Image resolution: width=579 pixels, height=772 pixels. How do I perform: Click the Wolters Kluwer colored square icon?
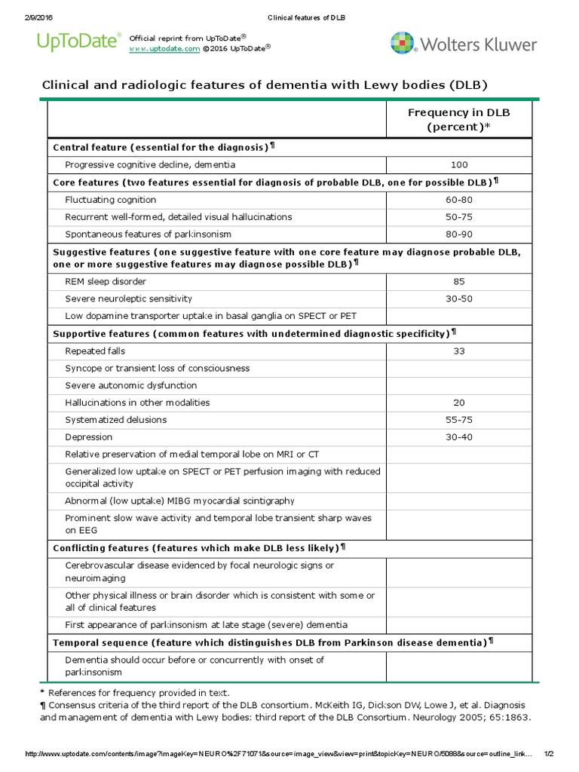(403, 44)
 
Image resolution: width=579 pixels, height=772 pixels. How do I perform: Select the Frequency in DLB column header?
(458, 119)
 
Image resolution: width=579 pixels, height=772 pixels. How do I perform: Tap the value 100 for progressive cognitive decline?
(458, 164)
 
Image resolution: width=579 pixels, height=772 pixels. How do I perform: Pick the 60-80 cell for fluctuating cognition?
(458, 200)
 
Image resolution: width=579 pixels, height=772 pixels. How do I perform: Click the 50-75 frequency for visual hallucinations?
(458, 217)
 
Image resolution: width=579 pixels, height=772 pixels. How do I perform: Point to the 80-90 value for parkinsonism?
(458, 234)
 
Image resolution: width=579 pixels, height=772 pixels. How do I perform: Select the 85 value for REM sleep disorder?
(458, 282)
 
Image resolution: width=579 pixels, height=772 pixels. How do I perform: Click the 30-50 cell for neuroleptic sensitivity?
(458, 299)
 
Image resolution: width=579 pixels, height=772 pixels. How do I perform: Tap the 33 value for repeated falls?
(458, 351)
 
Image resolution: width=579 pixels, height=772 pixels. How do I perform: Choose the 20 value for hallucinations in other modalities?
(458, 403)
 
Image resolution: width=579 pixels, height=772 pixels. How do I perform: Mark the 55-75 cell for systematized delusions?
(458, 420)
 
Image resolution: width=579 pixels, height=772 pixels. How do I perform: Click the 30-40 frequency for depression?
(458, 437)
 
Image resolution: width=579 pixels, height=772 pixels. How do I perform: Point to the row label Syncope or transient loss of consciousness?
(157, 369)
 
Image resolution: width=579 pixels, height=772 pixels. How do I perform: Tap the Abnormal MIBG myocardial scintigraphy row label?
(179, 501)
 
